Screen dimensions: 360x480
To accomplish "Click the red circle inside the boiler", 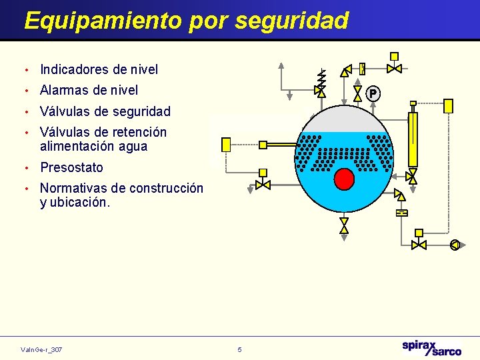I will click(344, 179).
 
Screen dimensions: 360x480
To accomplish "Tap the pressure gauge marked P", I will click(373, 93).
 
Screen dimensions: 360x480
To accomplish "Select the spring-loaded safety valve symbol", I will click(321, 81).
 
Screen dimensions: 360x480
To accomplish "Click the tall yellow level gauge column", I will click(413, 139).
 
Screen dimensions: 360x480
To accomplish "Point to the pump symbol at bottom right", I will click(455, 245).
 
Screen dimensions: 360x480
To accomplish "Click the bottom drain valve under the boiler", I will click(344, 225).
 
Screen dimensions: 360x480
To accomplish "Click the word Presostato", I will click(71, 167).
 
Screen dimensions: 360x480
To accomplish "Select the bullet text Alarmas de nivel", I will click(89, 90).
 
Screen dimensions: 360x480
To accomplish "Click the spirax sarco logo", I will click(431, 347).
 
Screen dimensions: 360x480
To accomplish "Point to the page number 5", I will click(240, 349).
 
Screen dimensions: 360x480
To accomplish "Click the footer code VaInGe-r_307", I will click(41, 349).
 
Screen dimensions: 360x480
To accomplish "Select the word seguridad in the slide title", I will click(291, 21).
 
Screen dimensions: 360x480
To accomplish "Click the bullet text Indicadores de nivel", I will click(99, 69).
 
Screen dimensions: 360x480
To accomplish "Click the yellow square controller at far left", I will click(225, 145).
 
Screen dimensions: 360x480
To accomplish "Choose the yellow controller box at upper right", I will click(448, 105).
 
